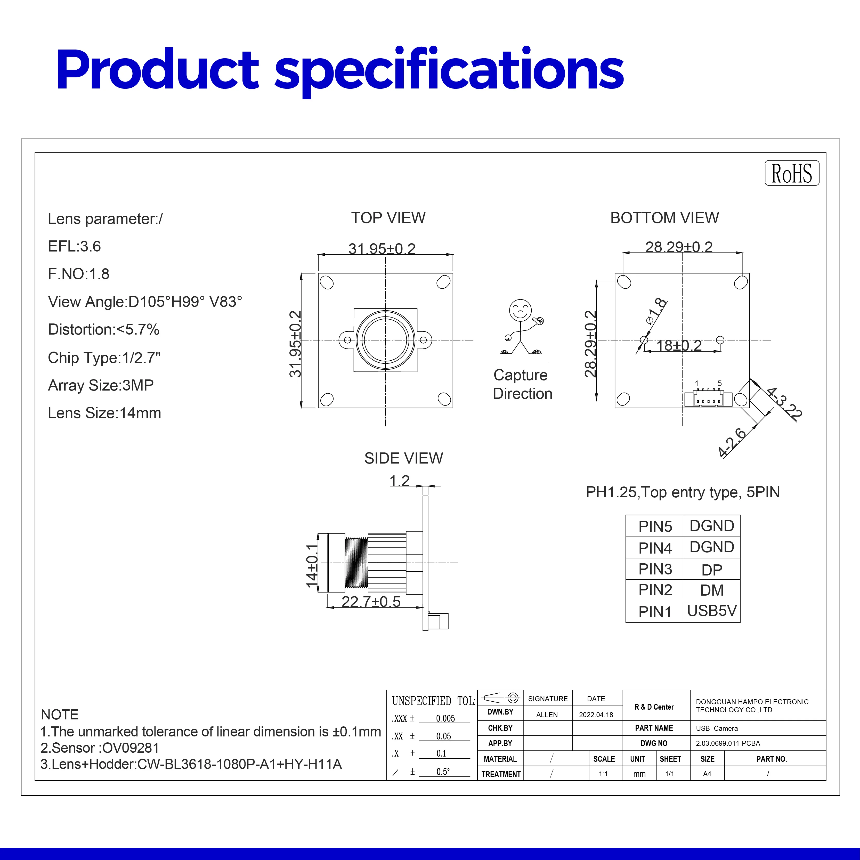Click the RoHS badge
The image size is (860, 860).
click(x=791, y=173)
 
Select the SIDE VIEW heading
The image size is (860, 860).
click(x=403, y=458)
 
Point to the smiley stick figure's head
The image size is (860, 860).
click(x=520, y=309)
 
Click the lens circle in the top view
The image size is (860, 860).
click(x=385, y=340)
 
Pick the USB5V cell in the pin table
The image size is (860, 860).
click(x=711, y=611)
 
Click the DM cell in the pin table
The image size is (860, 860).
click(x=711, y=590)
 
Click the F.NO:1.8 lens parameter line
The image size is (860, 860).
click(x=79, y=274)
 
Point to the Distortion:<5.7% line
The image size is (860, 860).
click(x=103, y=329)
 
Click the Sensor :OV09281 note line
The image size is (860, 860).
click(x=100, y=748)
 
